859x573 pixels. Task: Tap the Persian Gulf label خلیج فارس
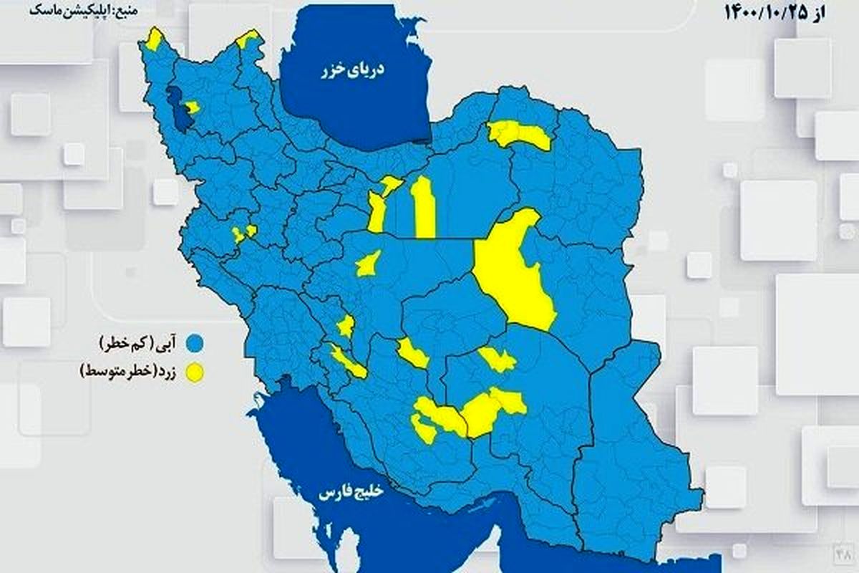(352, 493)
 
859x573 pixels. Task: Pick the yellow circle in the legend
(194, 373)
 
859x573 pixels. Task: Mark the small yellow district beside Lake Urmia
(192, 108)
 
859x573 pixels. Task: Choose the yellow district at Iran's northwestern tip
(154, 39)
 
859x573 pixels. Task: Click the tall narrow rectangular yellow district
(424, 208)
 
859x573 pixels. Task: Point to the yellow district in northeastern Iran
(519, 134)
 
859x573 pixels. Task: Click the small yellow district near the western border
(243, 232)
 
